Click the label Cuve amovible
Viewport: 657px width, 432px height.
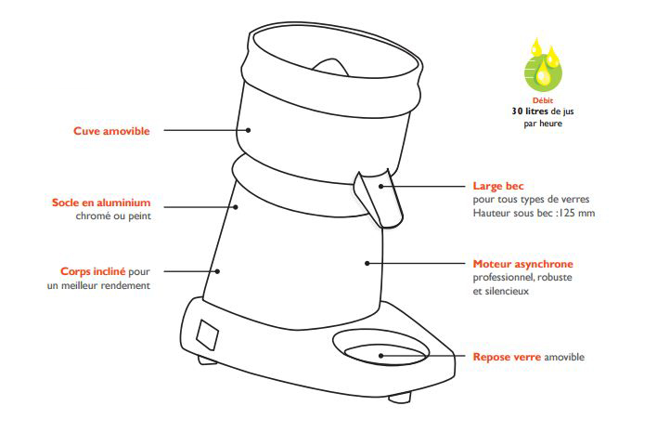pos(111,131)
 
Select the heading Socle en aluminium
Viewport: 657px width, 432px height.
pos(101,203)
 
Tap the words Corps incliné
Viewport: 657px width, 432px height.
pos(93,271)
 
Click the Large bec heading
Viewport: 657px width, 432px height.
pos(498,186)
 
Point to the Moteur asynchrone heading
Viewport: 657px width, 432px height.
pos(523,264)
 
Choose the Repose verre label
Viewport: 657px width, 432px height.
pos(507,357)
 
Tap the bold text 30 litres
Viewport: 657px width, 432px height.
pos(530,111)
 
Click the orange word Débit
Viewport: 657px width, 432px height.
pos(543,100)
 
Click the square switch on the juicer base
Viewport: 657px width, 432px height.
pos(208,334)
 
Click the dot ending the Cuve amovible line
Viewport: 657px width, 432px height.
pos(248,130)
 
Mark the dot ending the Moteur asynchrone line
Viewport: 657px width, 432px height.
pos(367,264)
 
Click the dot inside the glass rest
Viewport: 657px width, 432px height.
pos(380,356)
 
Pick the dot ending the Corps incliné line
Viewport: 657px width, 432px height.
pos(217,271)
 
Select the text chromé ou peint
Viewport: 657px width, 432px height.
pos(113,216)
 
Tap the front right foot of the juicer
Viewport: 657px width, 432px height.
pos(400,398)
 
